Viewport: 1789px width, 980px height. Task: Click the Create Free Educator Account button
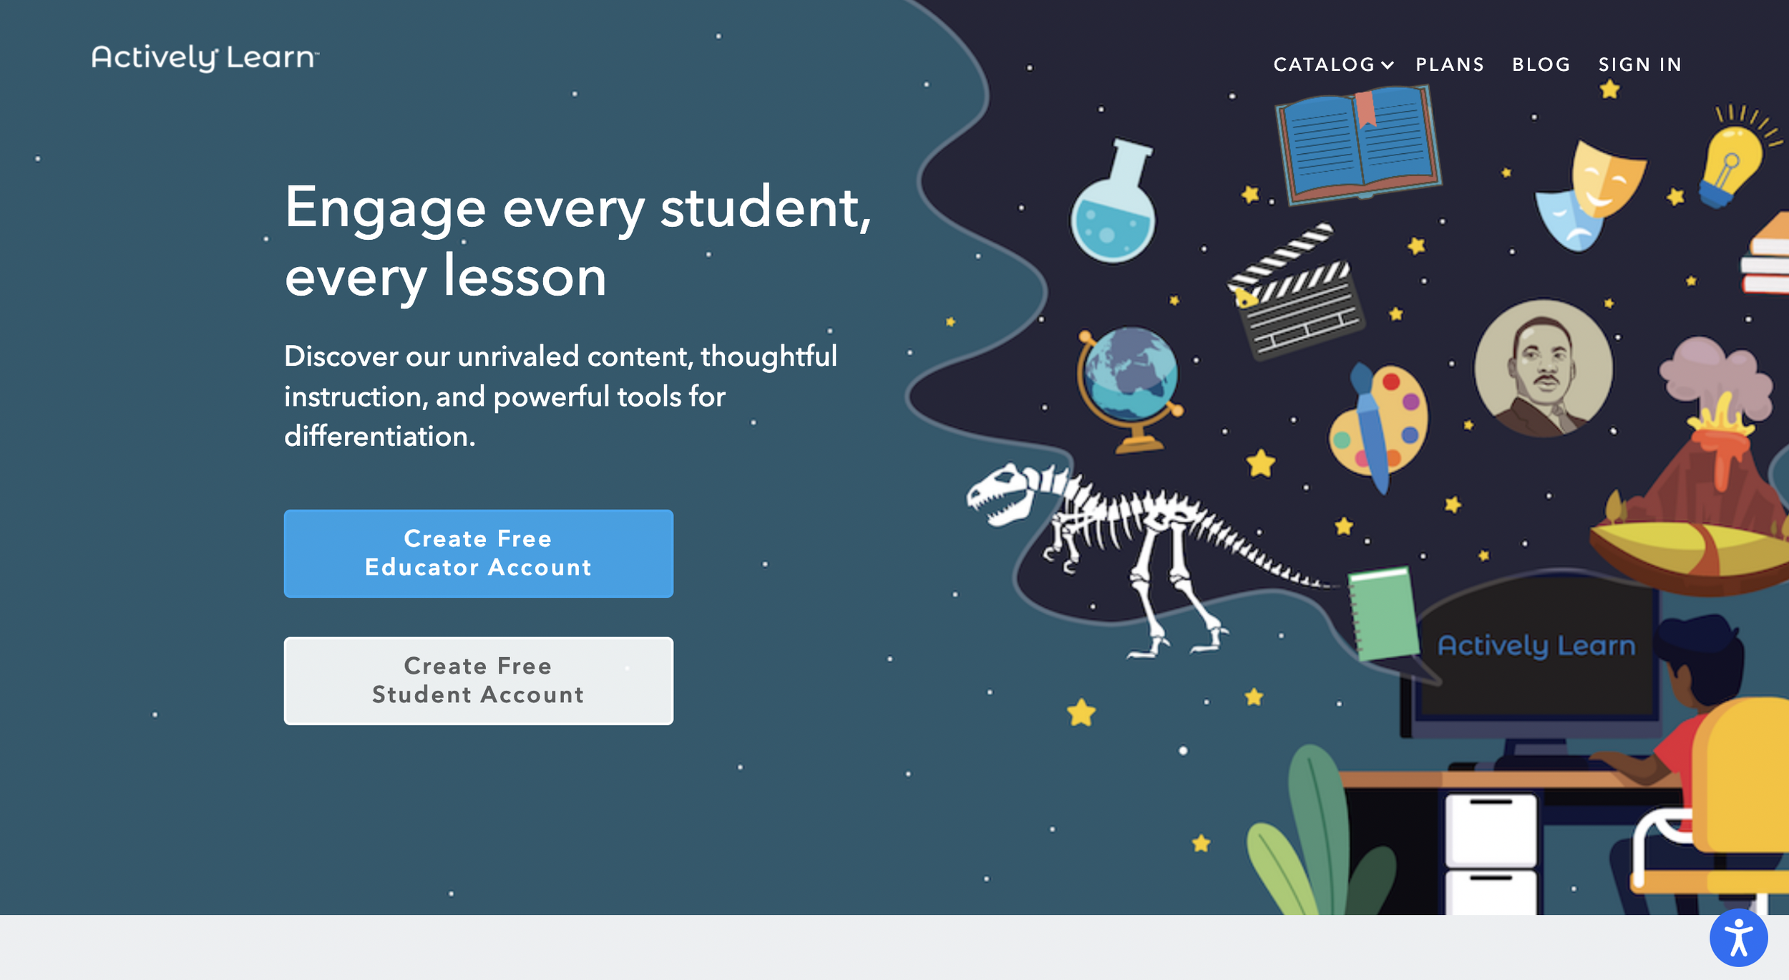pos(478,553)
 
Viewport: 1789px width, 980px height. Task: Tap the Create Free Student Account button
pos(478,681)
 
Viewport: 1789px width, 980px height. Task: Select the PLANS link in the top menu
pos(1450,64)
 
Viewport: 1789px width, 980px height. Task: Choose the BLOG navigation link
pos(1541,64)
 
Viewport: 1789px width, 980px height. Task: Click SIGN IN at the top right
pos(1639,64)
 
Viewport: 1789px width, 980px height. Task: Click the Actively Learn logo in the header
pos(205,57)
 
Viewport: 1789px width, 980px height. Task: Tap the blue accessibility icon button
pos(1738,938)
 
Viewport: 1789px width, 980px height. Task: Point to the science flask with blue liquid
pos(1113,208)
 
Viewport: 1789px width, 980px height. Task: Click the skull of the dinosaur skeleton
pos(1002,494)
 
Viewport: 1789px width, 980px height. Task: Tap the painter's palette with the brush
pos(1378,422)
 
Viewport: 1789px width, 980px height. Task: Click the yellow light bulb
pos(1732,161)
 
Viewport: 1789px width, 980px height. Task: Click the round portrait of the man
pos(1544,369)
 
